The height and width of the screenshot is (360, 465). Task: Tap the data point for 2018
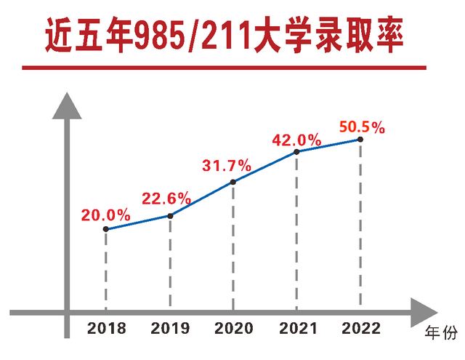point(106,229)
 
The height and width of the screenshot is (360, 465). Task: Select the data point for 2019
point(170,215)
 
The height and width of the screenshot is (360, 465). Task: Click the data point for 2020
point(233,182)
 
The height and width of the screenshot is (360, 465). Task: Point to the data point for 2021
point(296,152)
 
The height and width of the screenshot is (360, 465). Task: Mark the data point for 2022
point(360,139)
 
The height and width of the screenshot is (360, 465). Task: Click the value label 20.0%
point(106,215)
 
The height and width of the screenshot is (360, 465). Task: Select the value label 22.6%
point(166,199)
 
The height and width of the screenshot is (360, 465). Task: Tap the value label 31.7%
point(227,166)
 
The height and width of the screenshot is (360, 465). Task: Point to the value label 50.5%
point(362,127)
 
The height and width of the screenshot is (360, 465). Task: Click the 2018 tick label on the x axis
point(107,329)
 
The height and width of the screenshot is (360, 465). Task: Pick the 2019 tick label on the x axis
point(170,329)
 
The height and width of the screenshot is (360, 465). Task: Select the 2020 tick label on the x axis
point(233,329)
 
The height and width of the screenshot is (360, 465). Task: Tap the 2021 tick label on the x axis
point(296,329)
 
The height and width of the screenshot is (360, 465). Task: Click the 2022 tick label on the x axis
point(360,329)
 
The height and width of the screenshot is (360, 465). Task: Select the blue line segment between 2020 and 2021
point(265,167)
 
